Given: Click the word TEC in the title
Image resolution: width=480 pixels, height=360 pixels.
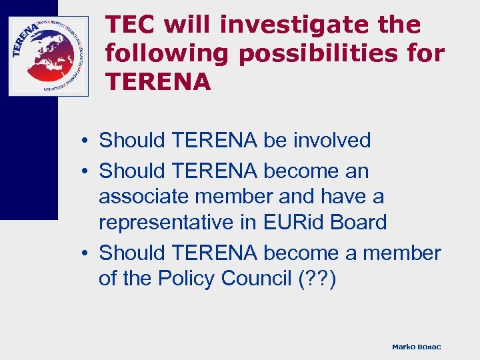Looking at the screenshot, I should click(131, 25).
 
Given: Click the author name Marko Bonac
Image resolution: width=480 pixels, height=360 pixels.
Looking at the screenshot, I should click(416, 347).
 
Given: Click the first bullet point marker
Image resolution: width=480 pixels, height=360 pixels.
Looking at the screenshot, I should click(87, 141).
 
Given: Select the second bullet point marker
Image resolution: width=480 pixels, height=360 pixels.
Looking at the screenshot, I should click(87, 172).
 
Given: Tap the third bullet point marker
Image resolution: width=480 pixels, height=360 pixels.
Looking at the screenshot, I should click(87, 254).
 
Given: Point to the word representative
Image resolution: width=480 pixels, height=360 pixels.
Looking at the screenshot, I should click(167, 223).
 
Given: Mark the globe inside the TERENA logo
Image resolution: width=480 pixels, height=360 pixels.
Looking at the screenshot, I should click(48, 56).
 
